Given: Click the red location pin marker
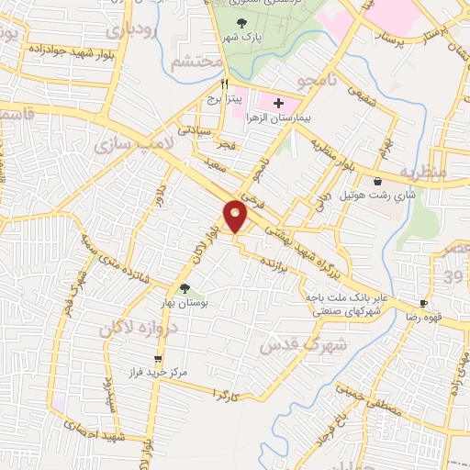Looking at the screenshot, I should pyautogui.click(x=237, y=217).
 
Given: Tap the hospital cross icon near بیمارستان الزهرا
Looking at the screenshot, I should pyautogui.click(x=279, y=103).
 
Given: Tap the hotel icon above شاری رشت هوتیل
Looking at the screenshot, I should pyautogui.click(x=378, y=181).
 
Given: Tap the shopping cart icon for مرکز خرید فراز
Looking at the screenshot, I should pyautogui.click(x=158, y=359).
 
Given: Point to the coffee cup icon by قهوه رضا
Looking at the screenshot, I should pyautogui.click(x=423, y=303).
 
